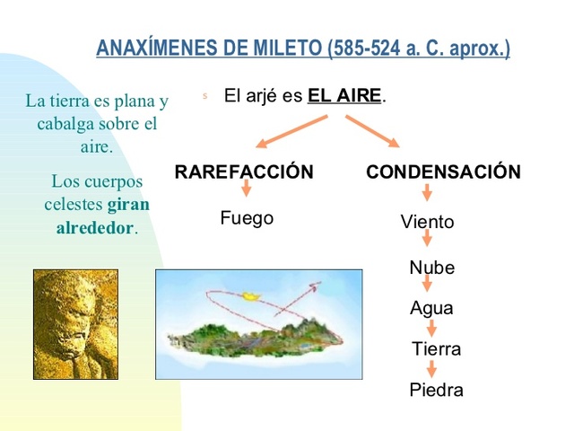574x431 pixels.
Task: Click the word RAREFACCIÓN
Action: [244, 172]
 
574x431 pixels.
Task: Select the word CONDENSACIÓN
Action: [443, 172]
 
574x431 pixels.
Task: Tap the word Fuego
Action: [247, 218]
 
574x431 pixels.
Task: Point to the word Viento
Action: [427, 222]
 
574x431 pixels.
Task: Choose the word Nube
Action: [431, 268]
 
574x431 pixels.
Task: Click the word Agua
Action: [431, 308]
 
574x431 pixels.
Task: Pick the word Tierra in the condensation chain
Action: [436, 348]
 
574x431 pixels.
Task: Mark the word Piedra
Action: [436, 390]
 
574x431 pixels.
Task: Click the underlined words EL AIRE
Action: [345, 96]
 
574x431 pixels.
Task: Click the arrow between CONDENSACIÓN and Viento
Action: [427, 192]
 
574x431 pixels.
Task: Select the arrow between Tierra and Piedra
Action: [431, 369]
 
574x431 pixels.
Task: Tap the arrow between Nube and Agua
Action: [428, 285]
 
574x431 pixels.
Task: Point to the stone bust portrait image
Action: [76, 324]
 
